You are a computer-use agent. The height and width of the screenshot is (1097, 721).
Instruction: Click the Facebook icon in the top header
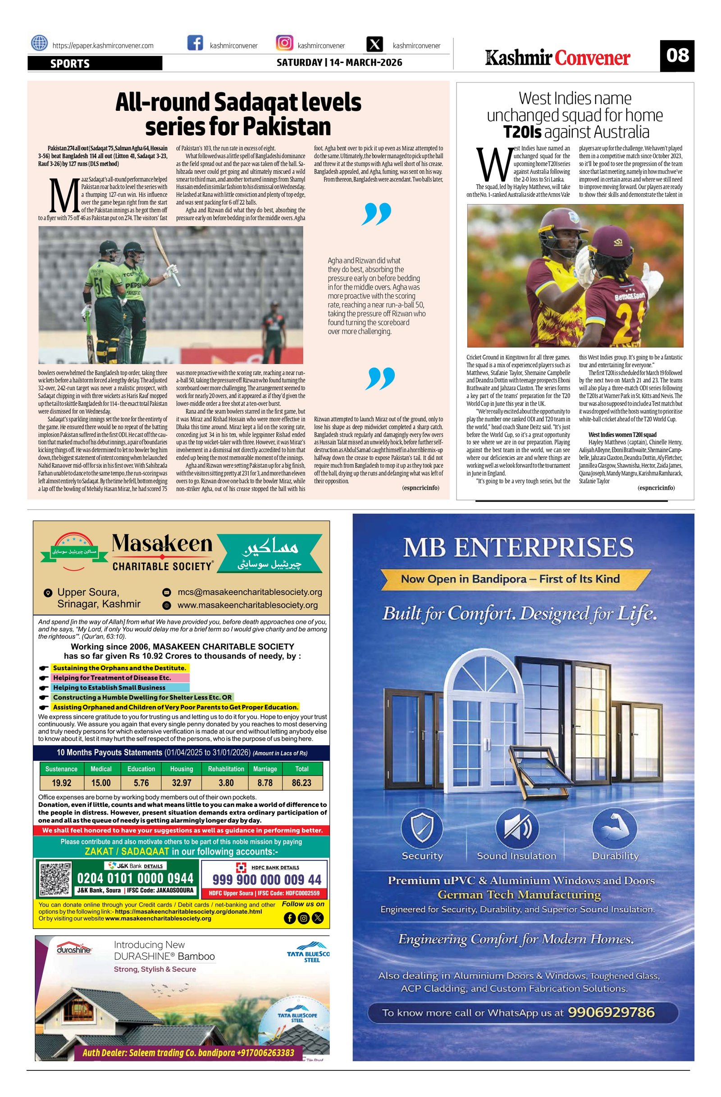[195, 44]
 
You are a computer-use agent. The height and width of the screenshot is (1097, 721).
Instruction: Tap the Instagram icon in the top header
[284, 43]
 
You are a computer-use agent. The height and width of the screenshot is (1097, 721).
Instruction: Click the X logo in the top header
[376, 44]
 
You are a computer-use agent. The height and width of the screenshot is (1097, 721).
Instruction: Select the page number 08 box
[676, 56]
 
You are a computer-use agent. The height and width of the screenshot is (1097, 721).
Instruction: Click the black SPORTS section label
[95, 64]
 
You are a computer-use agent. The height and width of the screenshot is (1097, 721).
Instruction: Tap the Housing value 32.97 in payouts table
[181, 783]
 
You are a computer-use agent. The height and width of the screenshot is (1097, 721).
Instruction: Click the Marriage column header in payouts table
[265, 769]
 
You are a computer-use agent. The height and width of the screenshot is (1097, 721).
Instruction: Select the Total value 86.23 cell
[302, 783]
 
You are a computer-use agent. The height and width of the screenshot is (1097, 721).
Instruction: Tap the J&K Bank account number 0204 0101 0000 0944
[135, 878]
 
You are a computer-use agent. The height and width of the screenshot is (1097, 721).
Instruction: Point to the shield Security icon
[422, 828]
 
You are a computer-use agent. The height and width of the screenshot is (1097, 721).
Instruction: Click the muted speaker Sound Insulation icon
[516, 828]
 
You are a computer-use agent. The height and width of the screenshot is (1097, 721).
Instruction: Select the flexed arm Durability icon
[615, 828]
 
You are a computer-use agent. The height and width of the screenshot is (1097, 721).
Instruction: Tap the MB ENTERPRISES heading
[518, 548]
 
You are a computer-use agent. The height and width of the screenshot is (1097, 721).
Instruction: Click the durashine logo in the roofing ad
[74, 950]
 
